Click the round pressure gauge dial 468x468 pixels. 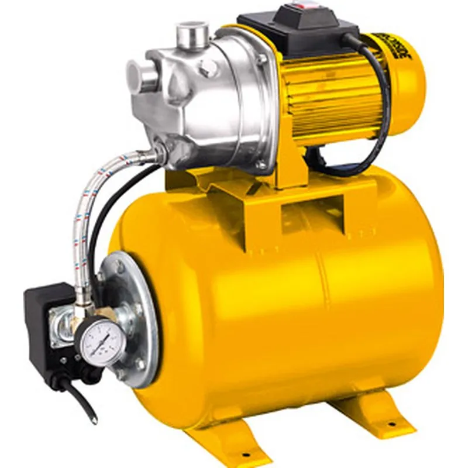pos(102,341)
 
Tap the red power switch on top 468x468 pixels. pos(305,7)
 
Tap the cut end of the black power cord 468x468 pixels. pos(94,418)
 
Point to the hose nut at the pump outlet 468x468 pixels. pos(159,153)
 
